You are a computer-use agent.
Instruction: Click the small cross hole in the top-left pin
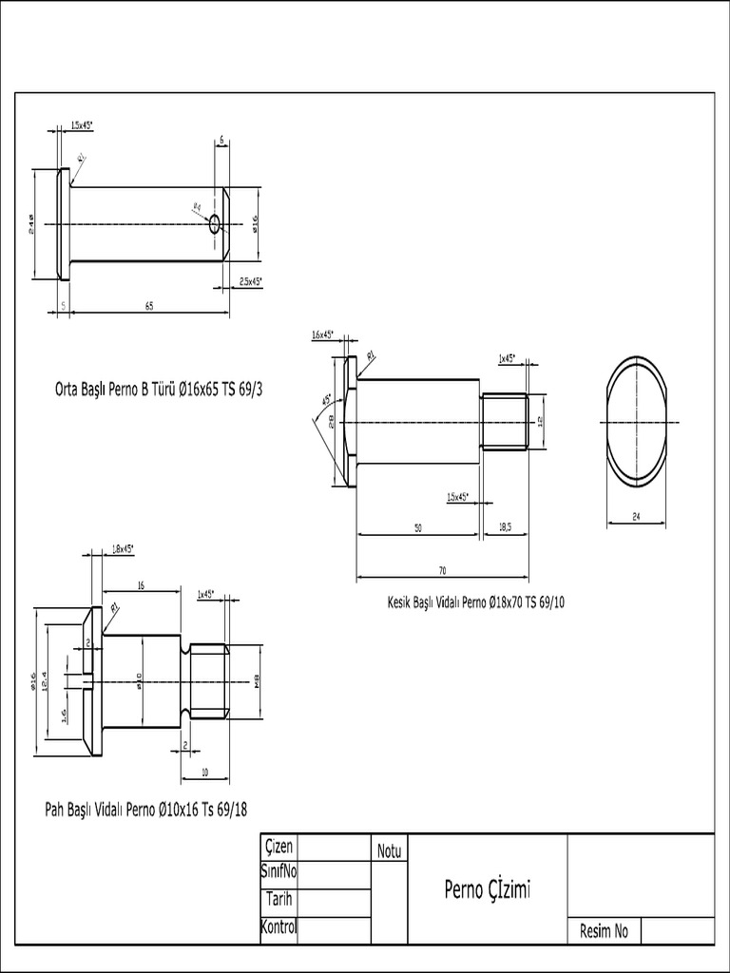[x=215, y=224]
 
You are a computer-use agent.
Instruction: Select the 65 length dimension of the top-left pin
[x=149, y=306]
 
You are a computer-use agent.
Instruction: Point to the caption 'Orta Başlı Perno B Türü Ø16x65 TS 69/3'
[x=157, y=389]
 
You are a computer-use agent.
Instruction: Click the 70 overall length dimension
[x=442, y=571]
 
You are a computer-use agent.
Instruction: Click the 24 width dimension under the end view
[x=636, y=517]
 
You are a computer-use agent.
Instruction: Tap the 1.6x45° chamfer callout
[x=323, y=334]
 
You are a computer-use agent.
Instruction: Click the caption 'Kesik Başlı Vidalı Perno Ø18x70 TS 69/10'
[x=475, y=601]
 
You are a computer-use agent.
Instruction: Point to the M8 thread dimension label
[x=257, y=678]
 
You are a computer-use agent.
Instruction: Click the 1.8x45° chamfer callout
[x=122, y=548]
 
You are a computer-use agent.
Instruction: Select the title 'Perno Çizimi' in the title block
[x=487, y=889]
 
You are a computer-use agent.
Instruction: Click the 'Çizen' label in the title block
[x=279, y=847]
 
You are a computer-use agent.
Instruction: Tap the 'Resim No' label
[x=604, y=931]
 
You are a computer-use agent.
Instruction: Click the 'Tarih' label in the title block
[x=279, y=899]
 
